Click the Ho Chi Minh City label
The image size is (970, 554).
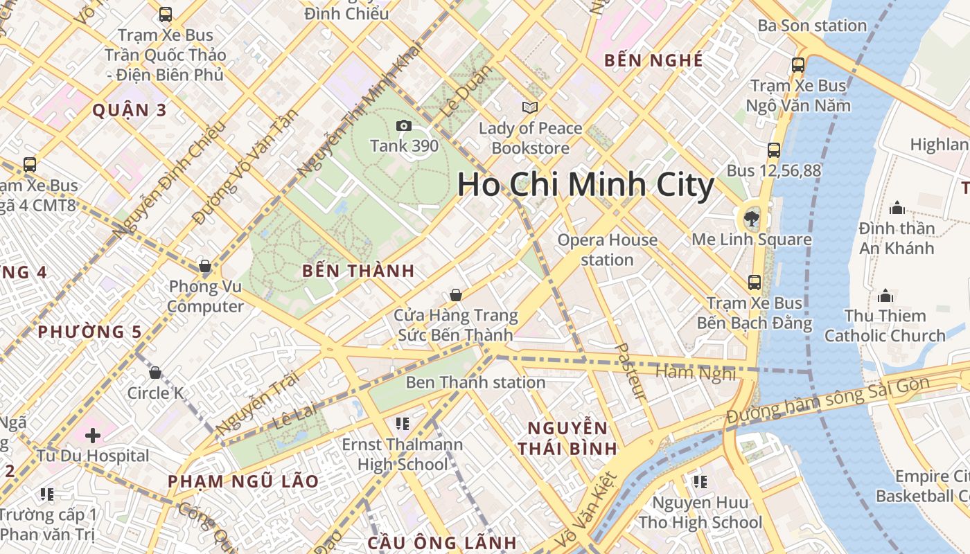pos(585,186)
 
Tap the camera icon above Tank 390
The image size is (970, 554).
pos(403,125)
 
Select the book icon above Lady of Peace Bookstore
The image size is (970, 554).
pos(530,107)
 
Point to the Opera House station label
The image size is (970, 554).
pos(608,250)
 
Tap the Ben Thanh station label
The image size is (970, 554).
pos(475,382)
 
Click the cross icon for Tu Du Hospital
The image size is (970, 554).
pos(93,436)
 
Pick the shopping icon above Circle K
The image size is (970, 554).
pos(155,373)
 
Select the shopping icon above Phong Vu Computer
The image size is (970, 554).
pos(205,266)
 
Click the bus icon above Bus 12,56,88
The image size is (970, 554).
pos(774,150)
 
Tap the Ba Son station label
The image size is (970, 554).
pos(812,26)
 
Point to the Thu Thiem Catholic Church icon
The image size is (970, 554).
pos(885,296)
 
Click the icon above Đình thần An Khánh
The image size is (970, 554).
pos(897,208)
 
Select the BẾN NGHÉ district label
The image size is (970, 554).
pos(653,60)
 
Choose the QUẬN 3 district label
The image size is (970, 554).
pos(130,110)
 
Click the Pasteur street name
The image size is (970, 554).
pos(630,371)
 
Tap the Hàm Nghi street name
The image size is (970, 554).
pos(696,372)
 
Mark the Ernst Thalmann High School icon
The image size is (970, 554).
pos(403,423)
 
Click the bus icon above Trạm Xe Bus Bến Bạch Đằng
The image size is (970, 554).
pos(755,283)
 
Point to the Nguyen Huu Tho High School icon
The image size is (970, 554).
pos(700,481)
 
